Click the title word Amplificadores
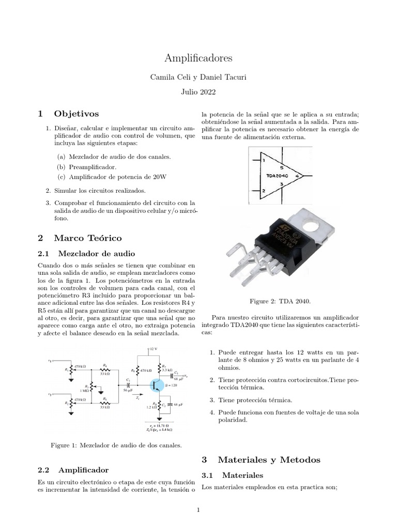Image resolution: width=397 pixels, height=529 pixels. [x=198, y=58]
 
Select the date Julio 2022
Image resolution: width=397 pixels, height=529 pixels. [x=198, y=93]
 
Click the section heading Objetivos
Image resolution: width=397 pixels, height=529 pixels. [x=75, y=113]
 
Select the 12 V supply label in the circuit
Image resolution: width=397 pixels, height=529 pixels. [x=154, y=349]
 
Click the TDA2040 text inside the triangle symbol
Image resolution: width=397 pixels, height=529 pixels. [x=278, y=176]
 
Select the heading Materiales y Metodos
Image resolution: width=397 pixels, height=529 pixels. [x=269, y=459]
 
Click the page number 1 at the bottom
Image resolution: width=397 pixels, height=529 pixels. [x=198, y=510]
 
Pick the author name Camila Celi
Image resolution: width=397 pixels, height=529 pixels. [x=167, y=77]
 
